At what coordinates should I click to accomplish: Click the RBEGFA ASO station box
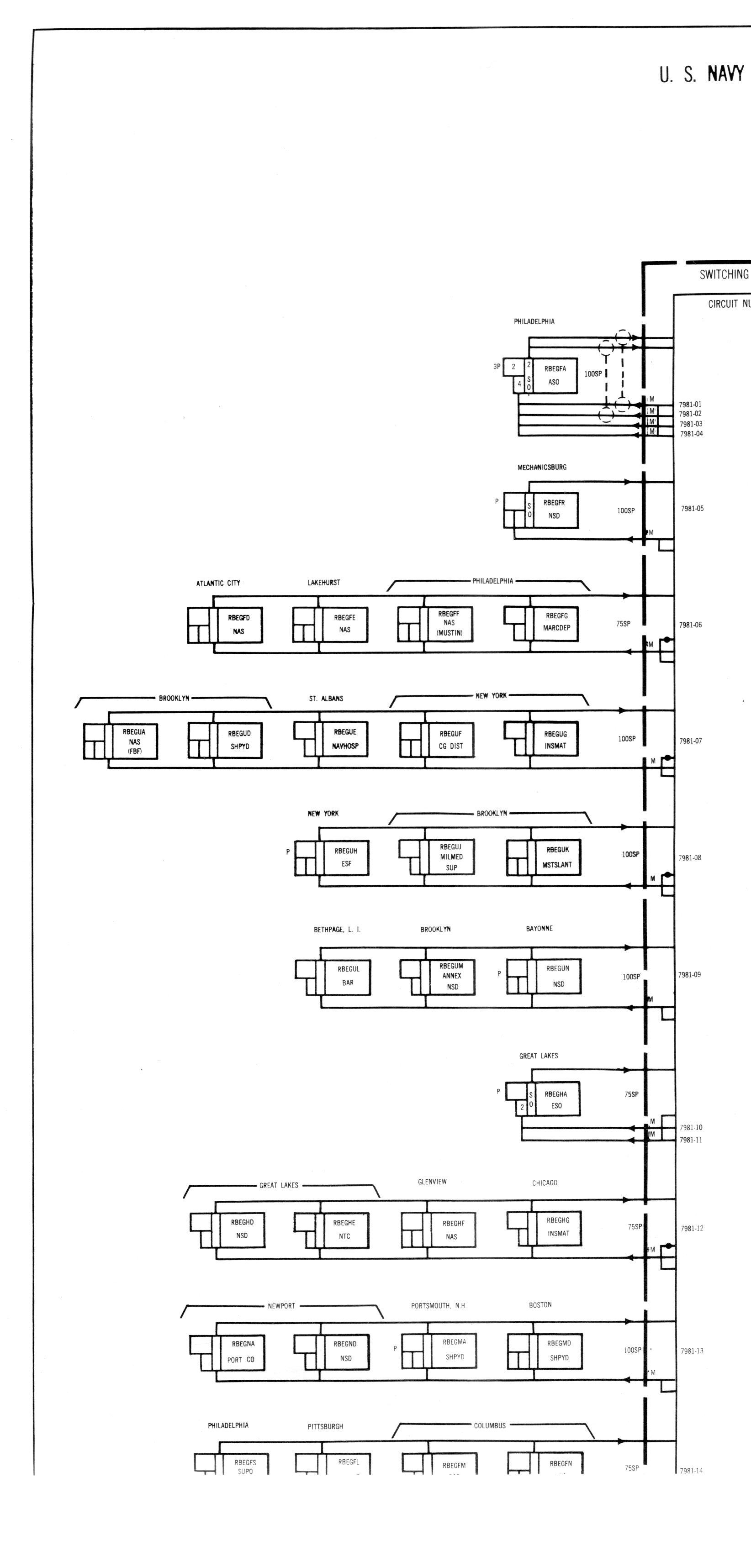click(x=554, y=375)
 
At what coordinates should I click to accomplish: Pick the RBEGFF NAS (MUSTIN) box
click(x=449, y=623)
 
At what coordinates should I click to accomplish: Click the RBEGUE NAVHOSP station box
click(x=345, y=739)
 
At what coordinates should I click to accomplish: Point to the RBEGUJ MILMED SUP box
click(x=451, y=857)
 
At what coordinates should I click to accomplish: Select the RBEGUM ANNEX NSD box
click(x=451, y=976)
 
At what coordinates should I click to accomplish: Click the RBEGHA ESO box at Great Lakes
click(x=556, y=1099)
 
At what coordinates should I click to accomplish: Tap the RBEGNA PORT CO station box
click(x=241, y=1351)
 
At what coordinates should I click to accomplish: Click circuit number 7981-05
click(x=693, y=509)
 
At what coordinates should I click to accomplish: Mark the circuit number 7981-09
click(x=690, y=974)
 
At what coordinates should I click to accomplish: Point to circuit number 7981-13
click(x=692, y=1351)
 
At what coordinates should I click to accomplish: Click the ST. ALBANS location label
click(x=326, y=698)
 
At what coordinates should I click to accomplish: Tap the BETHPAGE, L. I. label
click(x=337, y=930)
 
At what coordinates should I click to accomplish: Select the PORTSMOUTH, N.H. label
click(x=439, y=1305)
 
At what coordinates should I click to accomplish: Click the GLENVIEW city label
click(x=432, y=1182)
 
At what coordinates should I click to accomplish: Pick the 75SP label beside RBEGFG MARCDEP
click(x=623, y=623)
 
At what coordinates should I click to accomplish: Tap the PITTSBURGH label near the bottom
click(x=325, y=1426)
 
